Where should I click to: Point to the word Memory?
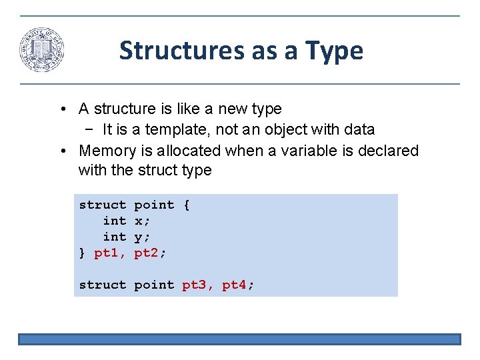point(106,151)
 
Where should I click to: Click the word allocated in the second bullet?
point(189,151)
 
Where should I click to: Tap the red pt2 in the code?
point(150,253)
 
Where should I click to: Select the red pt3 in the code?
point(197,285)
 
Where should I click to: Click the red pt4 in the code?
point(237,285)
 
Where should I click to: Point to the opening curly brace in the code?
point(186,205)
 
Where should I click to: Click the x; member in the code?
point(142,221)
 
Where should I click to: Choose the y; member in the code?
point(142,237)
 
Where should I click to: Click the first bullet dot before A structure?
point(61,109)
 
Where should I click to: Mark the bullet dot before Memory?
point(61,151)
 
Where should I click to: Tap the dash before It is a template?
point(89,129)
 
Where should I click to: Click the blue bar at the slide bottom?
point(239,339)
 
